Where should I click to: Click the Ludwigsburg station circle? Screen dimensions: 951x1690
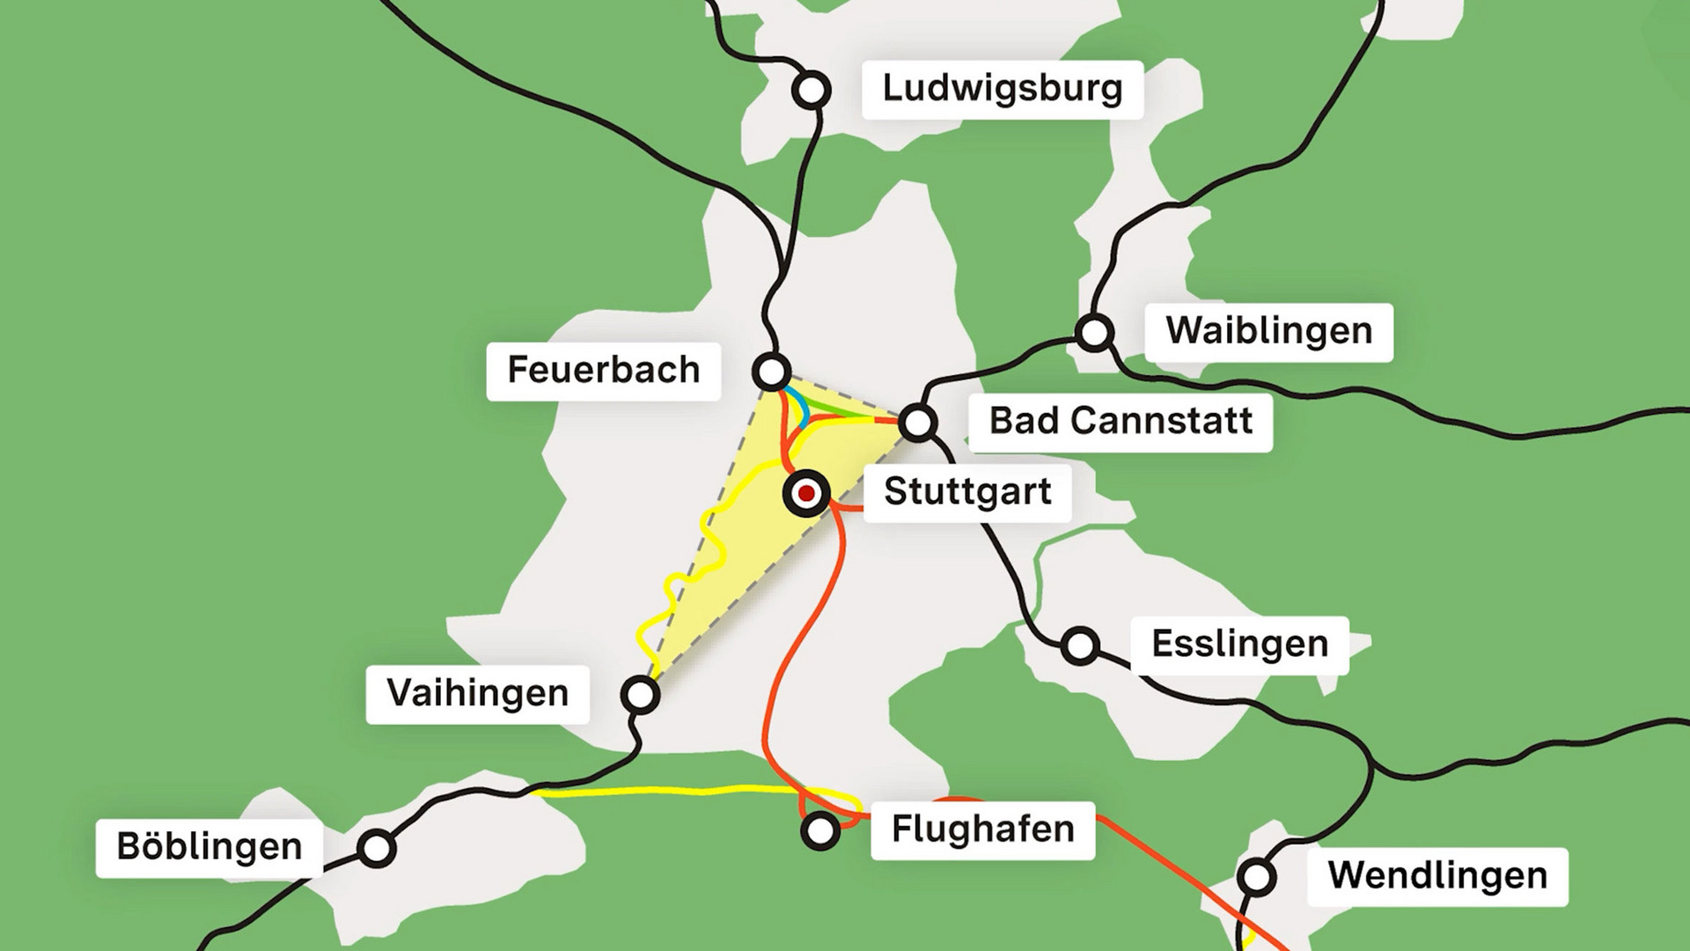point(811,90)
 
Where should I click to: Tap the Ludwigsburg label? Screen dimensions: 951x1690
point(1002,89)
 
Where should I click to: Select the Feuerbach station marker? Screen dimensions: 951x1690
point(772,372)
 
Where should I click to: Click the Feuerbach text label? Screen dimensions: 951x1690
point(604,371)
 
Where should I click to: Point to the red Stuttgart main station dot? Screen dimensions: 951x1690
point(805,494)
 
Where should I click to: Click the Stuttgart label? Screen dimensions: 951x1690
point(966,492)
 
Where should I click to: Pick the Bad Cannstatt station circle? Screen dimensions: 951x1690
point(918,423)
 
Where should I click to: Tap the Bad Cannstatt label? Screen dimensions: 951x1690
point(1120,422)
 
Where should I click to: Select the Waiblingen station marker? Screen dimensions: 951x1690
point(1094,333)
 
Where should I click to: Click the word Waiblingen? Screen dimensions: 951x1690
point(1268,332)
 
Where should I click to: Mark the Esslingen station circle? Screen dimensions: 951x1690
point(1079,646)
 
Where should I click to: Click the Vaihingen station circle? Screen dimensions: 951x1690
point(640,695)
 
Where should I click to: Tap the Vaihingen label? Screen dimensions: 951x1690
point(477,694)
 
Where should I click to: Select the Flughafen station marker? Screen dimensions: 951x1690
point(820,829)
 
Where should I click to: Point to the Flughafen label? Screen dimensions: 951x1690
point(982,829)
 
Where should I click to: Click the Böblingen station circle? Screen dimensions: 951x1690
point(377,848)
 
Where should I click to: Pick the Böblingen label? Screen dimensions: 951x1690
point(209,847)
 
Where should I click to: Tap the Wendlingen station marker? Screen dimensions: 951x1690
point(1256,877)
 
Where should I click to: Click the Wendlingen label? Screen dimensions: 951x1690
point(1436,876)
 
